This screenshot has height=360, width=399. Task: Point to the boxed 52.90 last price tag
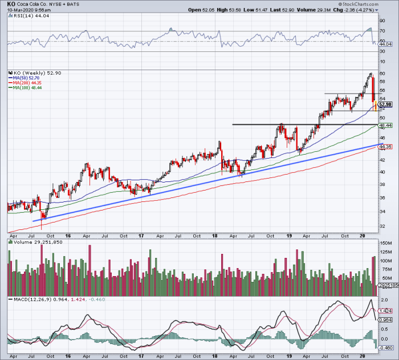(x=385, y=104)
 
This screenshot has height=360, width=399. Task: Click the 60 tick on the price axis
(x=382, y=74)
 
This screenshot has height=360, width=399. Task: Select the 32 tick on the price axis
(x=382, y=226)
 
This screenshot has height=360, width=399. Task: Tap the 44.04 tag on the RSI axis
(x=385, y=44)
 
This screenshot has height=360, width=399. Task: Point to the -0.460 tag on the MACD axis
(x=385, y=347)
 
